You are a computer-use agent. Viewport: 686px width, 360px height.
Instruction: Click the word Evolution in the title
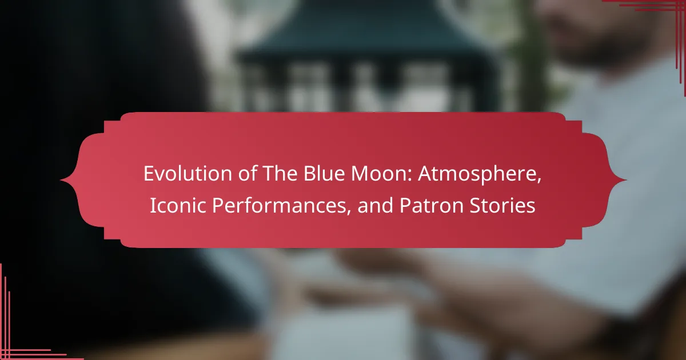[x=188, y=173]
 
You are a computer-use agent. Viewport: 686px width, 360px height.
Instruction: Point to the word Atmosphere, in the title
[x=480, y=174]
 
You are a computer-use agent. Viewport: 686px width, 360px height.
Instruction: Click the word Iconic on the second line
[x=178, y=205]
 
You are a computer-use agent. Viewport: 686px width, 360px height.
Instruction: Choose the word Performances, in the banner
[x=281, y=205]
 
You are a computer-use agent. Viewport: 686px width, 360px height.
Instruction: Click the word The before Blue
[x=280, y=173]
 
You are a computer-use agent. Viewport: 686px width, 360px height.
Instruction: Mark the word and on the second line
[x=375, y=205]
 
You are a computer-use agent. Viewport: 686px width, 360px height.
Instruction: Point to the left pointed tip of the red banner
[x=61, y=180]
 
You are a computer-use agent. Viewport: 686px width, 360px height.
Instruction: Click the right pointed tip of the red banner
[x=625, y=180]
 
